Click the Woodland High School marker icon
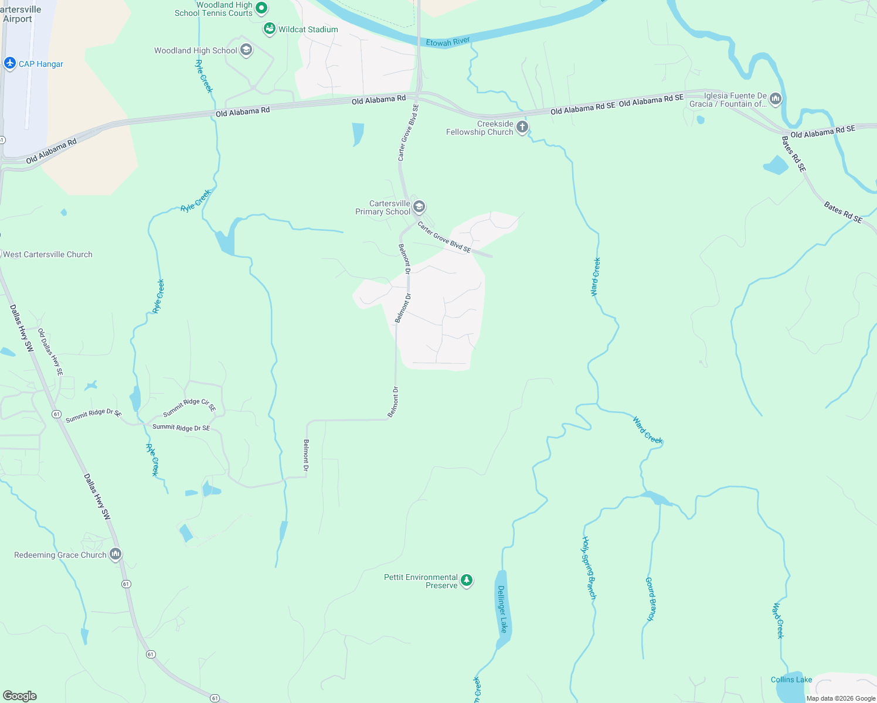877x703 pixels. (x=246, y=50)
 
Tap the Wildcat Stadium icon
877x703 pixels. (x=270, y=29)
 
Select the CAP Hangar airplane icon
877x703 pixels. (x=9, y=63)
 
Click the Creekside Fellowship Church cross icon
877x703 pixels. (x=522, y=127)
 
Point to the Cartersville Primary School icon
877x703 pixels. (x=419, y=207)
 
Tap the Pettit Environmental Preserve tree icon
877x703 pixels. (x=466, y=581)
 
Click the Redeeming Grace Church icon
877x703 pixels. (x=115, y=554)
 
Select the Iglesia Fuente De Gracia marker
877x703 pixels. (x=776, y=99)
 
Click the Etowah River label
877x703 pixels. (x=448, y=42)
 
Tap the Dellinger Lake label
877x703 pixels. (x=502, y=609)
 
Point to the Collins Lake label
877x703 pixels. (x=791, y=680)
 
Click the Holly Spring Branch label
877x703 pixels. (x=589, y=568)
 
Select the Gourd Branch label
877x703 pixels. (x=651, y=599)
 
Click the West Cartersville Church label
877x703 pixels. (x=47, y=254)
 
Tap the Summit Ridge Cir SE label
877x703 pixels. (x=189, y=405)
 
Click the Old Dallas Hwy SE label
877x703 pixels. (x=50, y=351)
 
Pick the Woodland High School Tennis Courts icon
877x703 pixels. (x=262, y=8)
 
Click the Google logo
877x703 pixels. (x=20, y=695)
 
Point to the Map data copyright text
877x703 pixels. (x=841, y=698)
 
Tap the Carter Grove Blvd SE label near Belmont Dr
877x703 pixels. (x=444, y=237)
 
